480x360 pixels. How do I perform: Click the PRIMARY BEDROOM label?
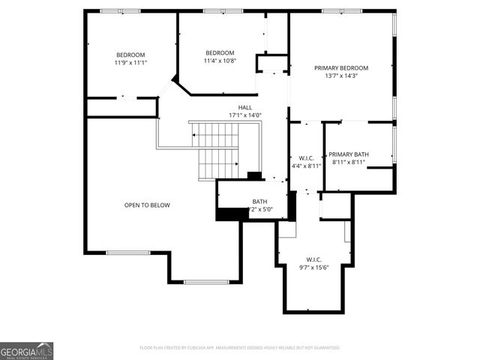pos(341,67)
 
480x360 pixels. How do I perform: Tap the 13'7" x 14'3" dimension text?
pos(341,76)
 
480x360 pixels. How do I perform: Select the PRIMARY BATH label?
pos(349,154)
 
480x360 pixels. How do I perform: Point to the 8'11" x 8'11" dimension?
pos(349,162)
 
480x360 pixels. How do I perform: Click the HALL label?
pos(245,107)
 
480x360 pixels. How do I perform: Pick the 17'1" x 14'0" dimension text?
pos(245,115)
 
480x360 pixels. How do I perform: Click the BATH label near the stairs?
pos(259,201)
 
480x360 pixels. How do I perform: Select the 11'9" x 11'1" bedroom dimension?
pos(130,63)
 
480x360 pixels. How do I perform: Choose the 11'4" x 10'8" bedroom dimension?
pos(220,61)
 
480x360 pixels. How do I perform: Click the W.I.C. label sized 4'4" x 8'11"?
pos(306,157)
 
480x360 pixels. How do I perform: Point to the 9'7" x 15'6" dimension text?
pos(315,267)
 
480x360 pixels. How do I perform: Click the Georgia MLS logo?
pos(26,350)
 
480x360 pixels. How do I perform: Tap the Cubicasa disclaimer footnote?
pos(240,348)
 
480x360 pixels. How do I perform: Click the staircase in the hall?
pos(218,151)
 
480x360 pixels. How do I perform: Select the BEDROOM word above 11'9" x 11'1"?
pos(130,55)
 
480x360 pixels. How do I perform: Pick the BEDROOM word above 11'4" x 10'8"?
pos(220,52)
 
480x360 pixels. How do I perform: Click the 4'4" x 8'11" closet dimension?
pos(306,166)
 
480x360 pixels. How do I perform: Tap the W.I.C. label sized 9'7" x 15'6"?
pos(315,259)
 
